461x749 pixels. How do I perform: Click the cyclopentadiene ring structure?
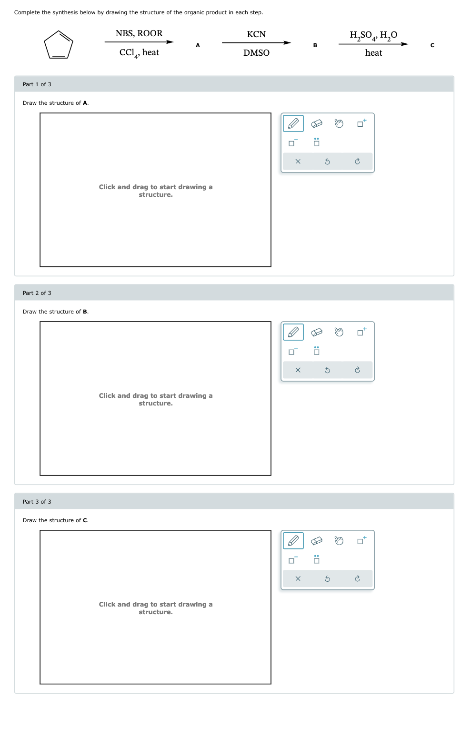58,45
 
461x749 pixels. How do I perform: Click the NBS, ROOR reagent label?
139,33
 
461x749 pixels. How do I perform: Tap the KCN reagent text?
256,34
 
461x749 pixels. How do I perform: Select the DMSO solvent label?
256,53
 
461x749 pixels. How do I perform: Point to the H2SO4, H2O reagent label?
373,35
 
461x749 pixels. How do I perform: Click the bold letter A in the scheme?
198,45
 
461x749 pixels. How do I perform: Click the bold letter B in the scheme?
315,45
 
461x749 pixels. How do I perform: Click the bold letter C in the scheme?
432,45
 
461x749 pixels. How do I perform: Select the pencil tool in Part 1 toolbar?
293,123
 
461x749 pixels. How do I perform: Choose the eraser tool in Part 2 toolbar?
316,332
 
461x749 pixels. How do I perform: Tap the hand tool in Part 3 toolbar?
339,541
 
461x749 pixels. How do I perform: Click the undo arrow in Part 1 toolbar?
327,162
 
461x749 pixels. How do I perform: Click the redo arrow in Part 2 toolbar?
357,370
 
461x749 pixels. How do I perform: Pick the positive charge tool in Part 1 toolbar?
361,123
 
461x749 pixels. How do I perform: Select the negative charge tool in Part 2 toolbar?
293,351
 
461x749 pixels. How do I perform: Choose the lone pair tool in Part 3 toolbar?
316,559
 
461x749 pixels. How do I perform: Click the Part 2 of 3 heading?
37,293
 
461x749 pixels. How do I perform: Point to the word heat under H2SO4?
373,53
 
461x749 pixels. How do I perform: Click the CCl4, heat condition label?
139,53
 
